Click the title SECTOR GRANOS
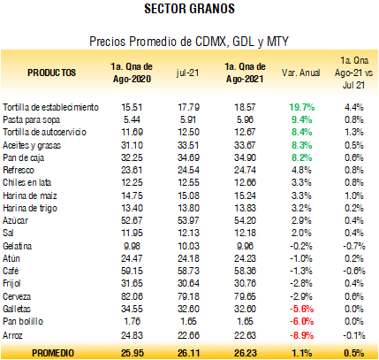pyautogui.click(x=189, y=9)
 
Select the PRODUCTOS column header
pyautogui.click(x=51, y=73)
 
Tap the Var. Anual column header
pyautogui.click(x=300, y=73)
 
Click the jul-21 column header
pyautogui.click(x=188, y=73)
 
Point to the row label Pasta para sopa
pyautogui.click(x=32, y=119)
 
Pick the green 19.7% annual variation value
pyautogui.click(x=301, y=107)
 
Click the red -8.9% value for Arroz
pyautogui.click(x=301, y=335)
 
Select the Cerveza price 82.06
pyautogui.click(x=132, y=296)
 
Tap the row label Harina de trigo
pyautogui.click(x=30, y=208)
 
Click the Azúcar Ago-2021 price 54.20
pyautogui.click(x=245, y=220)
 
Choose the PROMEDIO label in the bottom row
pyautogui.click(x=53, y=353)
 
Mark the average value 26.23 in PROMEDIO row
pyautogui.click(x=246, y=353)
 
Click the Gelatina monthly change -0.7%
pyautogui.click(x=354, y=246)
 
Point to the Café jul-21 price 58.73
pyautogui.click(x=188, y=271)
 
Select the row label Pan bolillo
pyautogui.click(x=23, y=321)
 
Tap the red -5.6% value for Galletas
pyautogui.click(x=301, y=309)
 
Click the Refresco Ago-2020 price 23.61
pyautogui.click(x=132, y=170)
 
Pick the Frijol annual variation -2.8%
pyautogui.click(x=301, y=283)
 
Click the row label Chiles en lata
pyautogui.click(x=27, y=182)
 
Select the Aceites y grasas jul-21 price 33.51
pyautogui.click(x=188, y=145)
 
